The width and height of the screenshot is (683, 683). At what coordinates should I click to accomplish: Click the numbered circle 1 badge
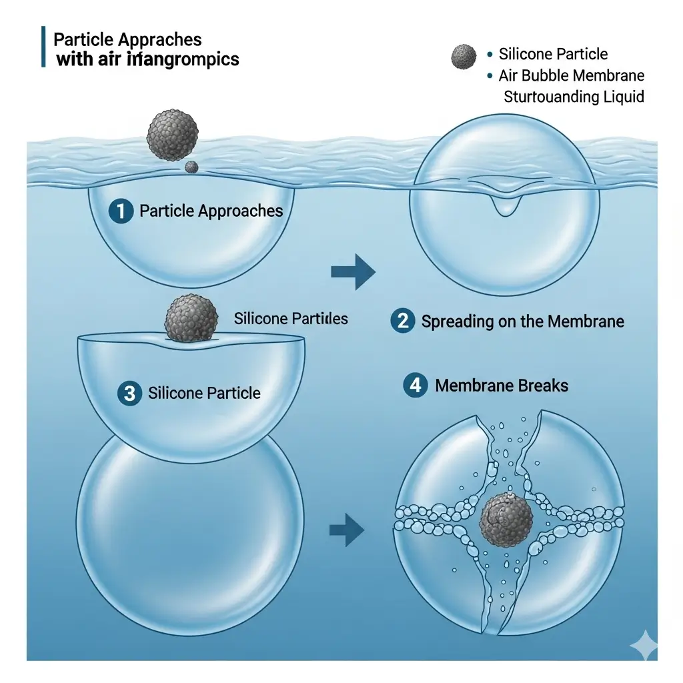coord(121,211)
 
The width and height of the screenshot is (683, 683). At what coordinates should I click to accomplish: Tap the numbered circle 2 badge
coord(403,321)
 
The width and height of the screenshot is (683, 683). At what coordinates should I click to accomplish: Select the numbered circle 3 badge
coord(129,393)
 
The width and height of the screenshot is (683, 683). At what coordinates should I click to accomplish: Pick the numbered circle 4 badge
coord(416,386)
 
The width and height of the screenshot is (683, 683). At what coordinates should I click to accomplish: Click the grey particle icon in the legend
coord(464,57)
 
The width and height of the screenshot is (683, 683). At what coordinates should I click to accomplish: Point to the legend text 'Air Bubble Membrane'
coord(571,75)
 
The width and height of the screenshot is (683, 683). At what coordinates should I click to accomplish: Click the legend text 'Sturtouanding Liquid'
coord(574,97)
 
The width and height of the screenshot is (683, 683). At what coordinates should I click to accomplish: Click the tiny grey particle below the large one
coord(191,166)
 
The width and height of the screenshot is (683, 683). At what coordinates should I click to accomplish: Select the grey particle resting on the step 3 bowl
coord(191,319)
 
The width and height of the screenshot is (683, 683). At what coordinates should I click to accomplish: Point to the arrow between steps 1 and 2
coord(353,271)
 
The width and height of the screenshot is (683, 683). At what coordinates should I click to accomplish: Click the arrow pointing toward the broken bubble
coord(348,531)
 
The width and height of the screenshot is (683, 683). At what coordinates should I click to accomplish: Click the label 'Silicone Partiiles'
coord(291,319)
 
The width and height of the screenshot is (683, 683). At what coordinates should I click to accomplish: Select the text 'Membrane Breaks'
coord(502,386)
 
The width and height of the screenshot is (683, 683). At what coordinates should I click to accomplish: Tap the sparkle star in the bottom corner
coord(643,645)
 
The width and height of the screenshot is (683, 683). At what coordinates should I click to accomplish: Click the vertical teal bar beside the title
coord(44,47)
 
